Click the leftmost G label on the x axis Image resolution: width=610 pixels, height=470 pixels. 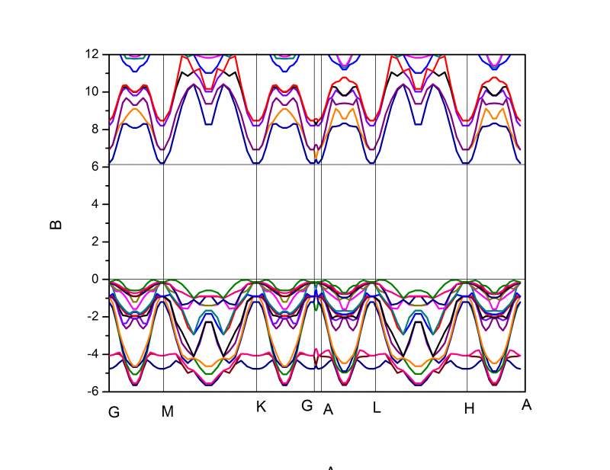114,412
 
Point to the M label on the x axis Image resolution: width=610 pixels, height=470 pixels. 168,412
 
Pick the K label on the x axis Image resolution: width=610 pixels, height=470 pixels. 261,407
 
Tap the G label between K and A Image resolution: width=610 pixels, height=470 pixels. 307,406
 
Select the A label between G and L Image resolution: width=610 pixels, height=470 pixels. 329,410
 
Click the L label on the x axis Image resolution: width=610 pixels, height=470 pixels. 377,408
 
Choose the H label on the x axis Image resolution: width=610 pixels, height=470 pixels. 470,408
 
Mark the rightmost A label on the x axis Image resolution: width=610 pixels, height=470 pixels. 526,405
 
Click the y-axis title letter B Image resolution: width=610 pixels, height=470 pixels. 56,225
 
